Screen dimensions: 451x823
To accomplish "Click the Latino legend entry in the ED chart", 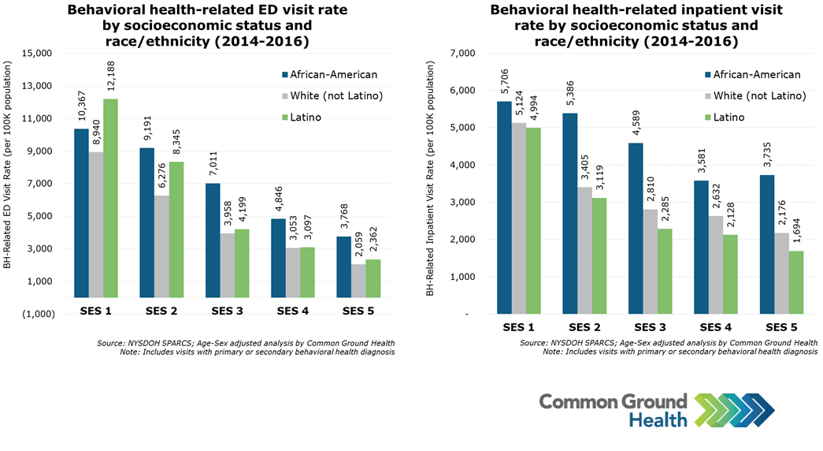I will pos(303,117).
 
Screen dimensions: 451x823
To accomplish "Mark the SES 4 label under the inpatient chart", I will pos(716,326).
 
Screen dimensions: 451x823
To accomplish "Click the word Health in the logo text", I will pos(658,419).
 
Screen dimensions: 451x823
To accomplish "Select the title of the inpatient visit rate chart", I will pos(624,26).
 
